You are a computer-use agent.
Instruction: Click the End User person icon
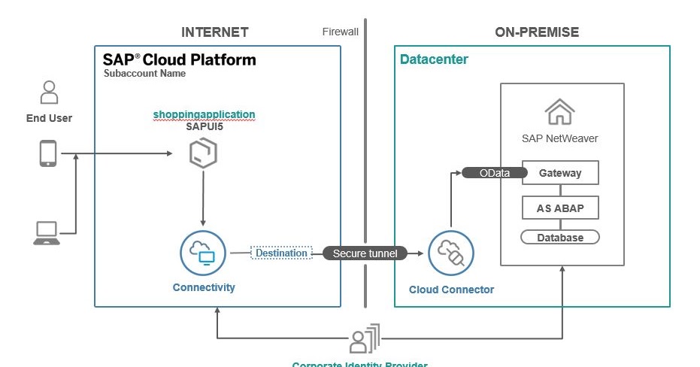[49, 93]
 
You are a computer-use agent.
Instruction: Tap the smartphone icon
[48, 154]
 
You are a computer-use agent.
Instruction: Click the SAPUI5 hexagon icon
[203, 155]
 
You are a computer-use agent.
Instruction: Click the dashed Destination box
[281, 253]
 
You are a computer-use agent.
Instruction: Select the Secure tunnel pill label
[365, 253]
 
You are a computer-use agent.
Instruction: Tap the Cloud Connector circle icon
[450, 253]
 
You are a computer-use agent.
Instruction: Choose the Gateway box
[560, 173]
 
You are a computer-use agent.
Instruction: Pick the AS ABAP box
[560, 208]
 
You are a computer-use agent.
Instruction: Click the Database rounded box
[560, 238]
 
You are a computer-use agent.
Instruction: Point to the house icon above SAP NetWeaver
[559, 113]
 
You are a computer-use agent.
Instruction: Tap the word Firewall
[341, 32]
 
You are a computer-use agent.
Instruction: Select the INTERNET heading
[214, 32]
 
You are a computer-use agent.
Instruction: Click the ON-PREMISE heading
[537, 32]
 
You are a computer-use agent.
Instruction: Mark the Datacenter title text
[434, 59]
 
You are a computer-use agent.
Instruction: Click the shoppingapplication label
[204, 114]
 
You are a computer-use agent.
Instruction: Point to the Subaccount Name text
[144, 74]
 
